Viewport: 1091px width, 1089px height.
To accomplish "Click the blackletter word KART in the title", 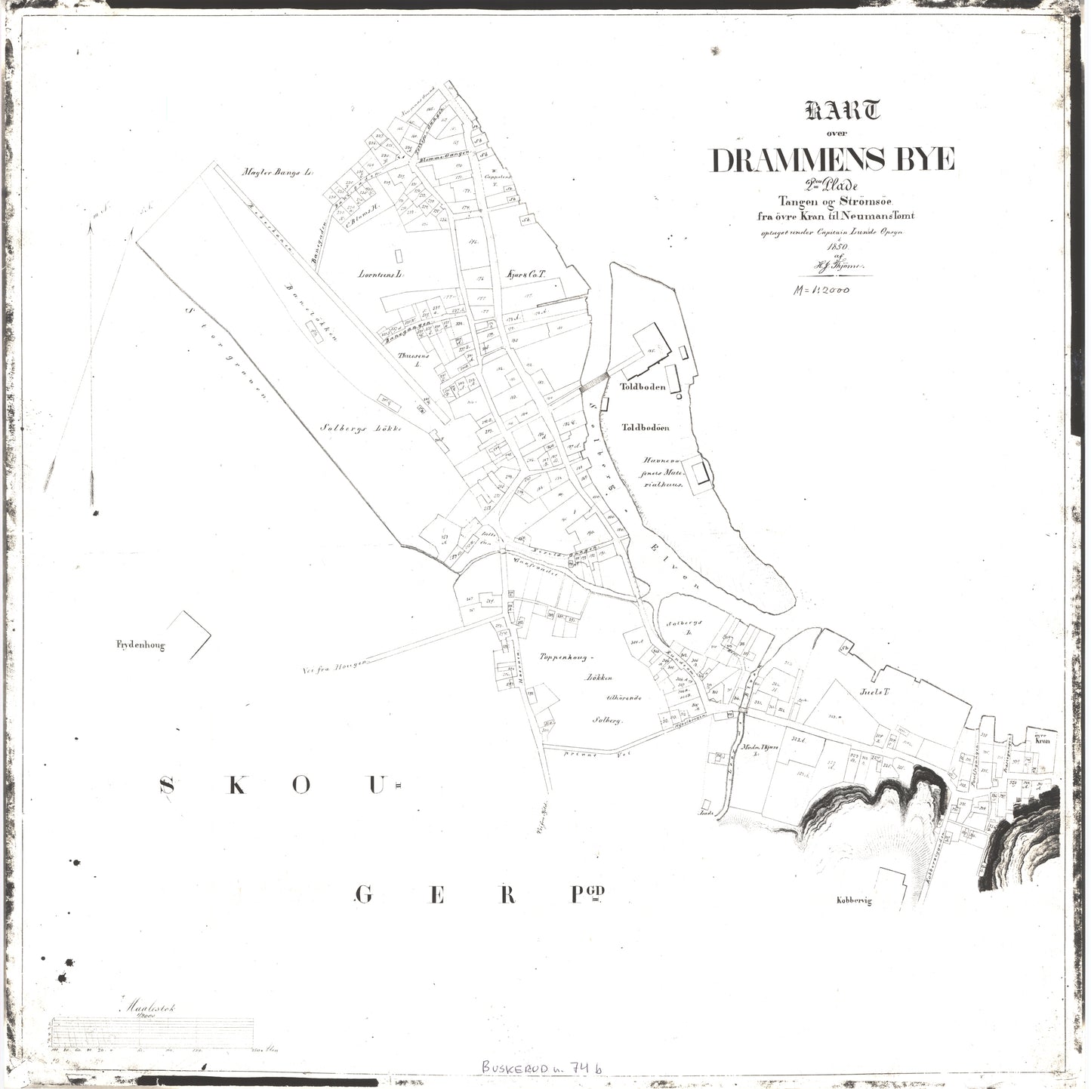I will [x=843, y=112].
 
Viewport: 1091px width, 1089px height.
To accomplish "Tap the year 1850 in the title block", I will [x=839, y=247].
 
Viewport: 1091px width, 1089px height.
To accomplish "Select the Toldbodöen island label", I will [x=646, y=428].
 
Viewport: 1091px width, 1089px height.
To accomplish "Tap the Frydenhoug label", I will [x=140, y=645].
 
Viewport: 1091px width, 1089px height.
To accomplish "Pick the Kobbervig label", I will [x=853, y=900].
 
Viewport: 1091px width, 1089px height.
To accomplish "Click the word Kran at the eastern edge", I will [x=1043, y=741].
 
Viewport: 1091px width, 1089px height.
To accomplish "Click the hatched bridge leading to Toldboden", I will [x=593, y=382].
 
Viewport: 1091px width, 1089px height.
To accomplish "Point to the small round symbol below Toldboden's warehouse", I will [x=680, y=395].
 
